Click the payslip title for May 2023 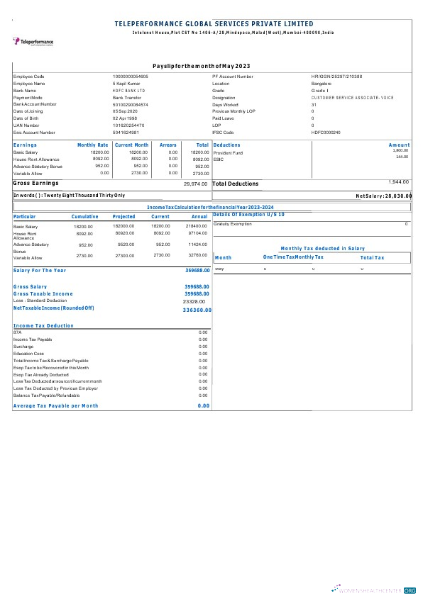[x=201, y=66]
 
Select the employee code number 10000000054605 [x=131, y=76]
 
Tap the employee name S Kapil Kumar [x=127, y=83]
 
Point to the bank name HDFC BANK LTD [x=128, y=90]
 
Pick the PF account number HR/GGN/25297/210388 [x=336, y=76]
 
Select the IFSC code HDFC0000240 [x=326, y=133]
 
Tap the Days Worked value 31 [x=314, y=104]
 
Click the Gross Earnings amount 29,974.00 [x=195, y=184]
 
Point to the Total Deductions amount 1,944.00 [x=398, y=182]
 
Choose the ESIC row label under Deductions [x=219, y=159]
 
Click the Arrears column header [x=168, y=145]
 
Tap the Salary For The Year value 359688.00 [x=197, y=270]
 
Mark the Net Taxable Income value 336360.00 [x=197, y=310]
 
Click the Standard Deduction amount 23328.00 [x=194, y=300]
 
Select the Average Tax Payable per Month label [x=56, y=405]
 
